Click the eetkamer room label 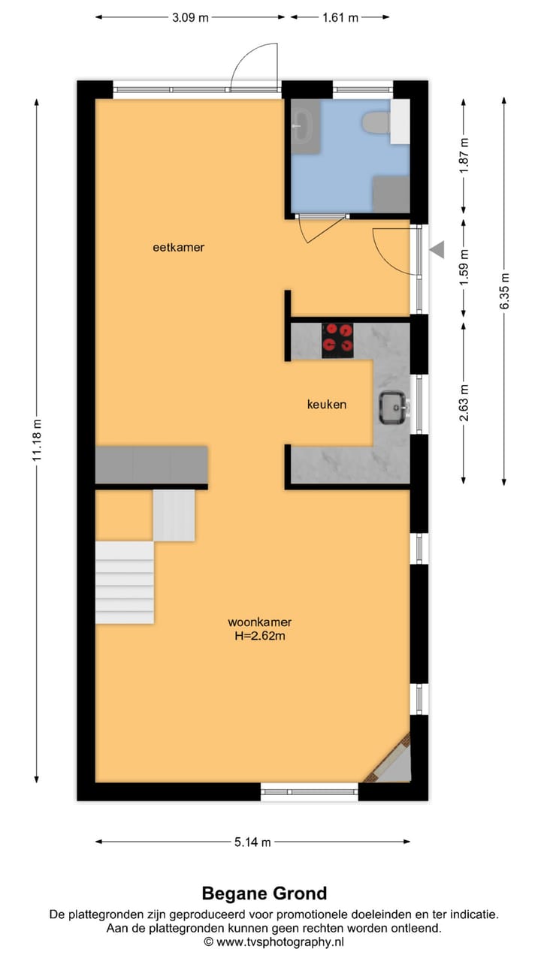coord(178,247)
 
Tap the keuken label coord(327,404)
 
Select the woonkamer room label coord(260,622)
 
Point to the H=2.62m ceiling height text coord(260,636)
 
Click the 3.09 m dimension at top coord(190,17)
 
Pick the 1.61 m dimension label coord(340,17)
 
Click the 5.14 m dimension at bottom coord(252,842)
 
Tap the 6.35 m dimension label coord(505,290)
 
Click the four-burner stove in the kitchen coord(337,339)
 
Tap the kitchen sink coord(393,407)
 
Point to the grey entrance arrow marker coord(437,250)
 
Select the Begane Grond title coord(264,893)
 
